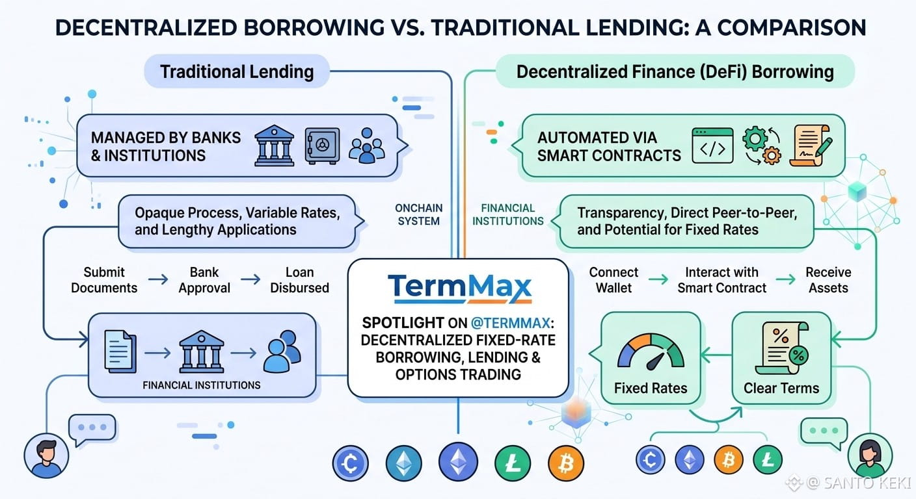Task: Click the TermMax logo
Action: tap(459, 288)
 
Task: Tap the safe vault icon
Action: tap(322, 146)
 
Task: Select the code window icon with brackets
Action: tap(712, 146)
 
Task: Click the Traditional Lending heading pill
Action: tap(237, 71)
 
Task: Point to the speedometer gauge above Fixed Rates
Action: tap(650, 352)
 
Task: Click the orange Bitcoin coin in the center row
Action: tap(566, 463)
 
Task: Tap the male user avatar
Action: tap(46, 455)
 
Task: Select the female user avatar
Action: tap(870, 455)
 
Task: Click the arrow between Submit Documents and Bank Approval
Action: tap(158, 280)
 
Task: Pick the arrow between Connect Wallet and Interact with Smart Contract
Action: tap(658, 280)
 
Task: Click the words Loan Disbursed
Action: tap(299, 280)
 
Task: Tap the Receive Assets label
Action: tap(828, 280)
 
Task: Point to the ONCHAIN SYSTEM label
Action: tap(419, 215)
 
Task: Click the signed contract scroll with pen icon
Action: tap(811, 146)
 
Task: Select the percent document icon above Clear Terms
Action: tap(781, 348)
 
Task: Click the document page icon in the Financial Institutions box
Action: tap(120, 352)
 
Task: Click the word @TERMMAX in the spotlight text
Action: tap(510, 323)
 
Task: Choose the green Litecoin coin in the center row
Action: tap(513, 463)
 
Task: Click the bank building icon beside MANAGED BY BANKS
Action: tap(274, 146)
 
